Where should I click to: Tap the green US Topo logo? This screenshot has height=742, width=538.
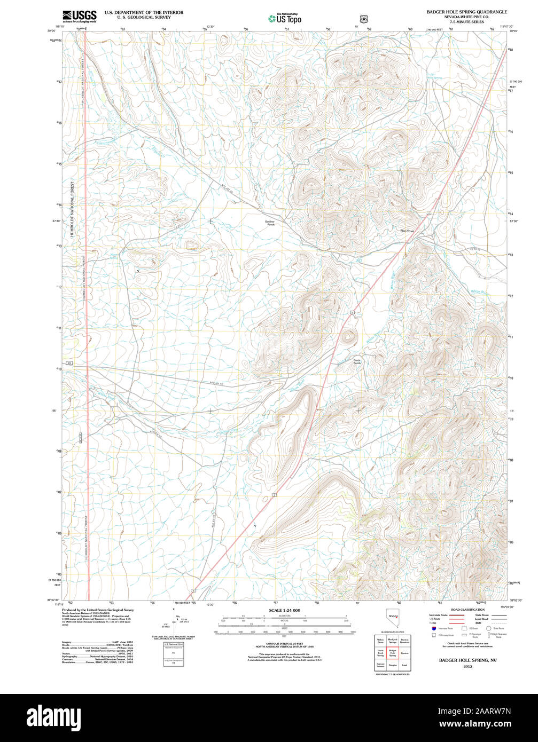pos(285,19)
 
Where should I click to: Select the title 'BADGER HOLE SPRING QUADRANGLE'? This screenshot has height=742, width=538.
pos(466,11)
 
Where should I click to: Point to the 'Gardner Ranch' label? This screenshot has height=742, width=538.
pos(270,223)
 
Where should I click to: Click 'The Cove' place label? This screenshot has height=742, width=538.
pos(407,231)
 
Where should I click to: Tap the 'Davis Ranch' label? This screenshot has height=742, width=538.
pos(357,361)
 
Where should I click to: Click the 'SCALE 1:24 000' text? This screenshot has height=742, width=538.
pos(284,610)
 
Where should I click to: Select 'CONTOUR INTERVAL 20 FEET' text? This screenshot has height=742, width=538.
pos(284,643)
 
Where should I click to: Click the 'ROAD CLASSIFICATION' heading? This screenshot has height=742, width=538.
pos(467,610)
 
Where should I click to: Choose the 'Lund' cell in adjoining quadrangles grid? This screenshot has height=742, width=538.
pos(404,665)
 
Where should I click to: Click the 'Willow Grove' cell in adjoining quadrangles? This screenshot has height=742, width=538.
pos(380,640)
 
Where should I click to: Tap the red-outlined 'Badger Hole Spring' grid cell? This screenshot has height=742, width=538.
pos(393,653)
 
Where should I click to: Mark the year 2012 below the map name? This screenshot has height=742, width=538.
pos(467,667)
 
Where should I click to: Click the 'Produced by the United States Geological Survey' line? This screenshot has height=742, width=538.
pos(98,610)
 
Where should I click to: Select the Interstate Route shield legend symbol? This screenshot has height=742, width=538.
pos(433,628)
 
